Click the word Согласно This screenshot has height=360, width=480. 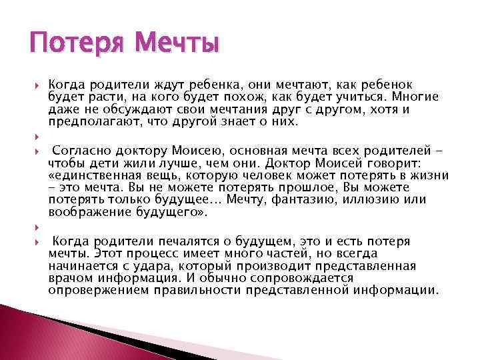click(81, 151)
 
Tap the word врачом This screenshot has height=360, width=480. click(70, 279)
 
